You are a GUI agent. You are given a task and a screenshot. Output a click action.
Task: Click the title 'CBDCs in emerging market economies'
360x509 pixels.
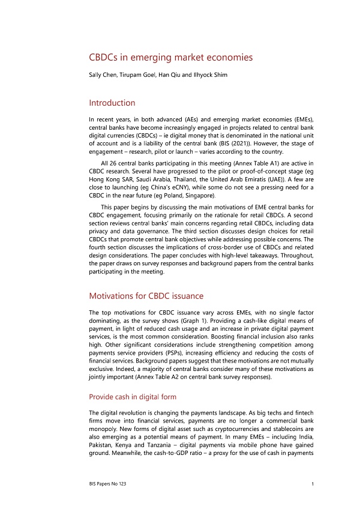(170, 58)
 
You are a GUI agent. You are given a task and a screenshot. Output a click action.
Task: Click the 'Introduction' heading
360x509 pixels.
(112, 103)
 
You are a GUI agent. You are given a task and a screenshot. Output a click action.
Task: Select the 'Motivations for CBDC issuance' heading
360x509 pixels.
(146, 296)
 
